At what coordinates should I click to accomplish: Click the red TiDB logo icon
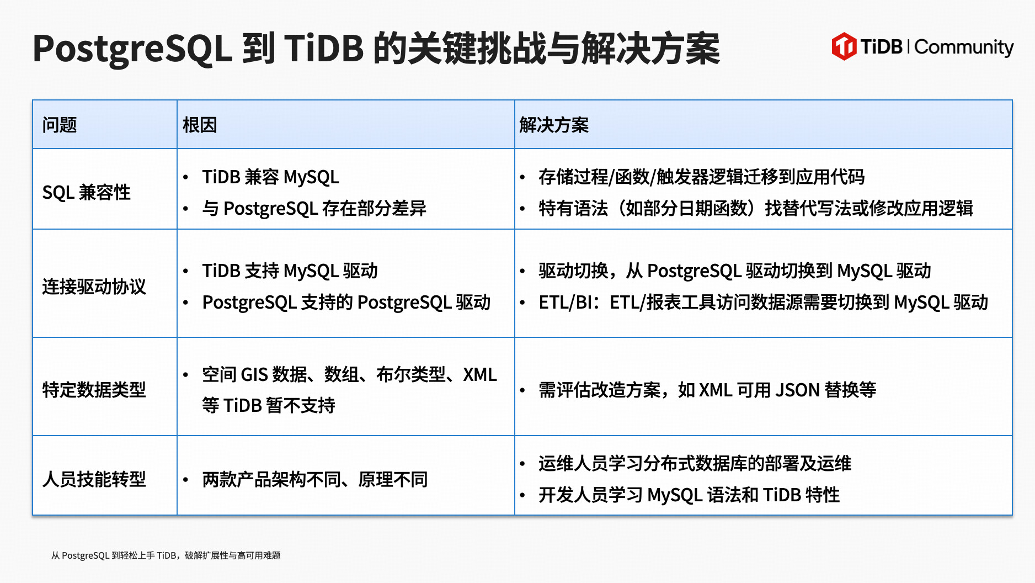tap(844, 46)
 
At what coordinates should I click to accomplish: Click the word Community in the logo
tap(964, 47)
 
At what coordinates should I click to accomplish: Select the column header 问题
tap(60, 125)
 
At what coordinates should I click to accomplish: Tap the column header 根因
tap(200, 125)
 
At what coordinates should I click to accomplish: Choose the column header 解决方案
tap(554, 125)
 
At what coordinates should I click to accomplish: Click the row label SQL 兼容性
tap(87, 192)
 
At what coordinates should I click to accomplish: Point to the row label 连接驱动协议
tap(94, 287)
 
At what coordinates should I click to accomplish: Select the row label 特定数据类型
tap(94, 390)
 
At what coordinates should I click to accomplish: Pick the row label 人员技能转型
tap(94, 479)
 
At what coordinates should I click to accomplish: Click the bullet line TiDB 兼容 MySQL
tap(270, 177)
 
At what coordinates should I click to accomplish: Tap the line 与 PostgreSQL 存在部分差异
tap(314, 208)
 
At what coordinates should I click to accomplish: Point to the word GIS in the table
tap(254, 374)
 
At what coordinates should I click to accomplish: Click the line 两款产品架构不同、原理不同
tap(315, 479)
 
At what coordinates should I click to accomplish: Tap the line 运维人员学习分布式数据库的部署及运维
tap(695, 463)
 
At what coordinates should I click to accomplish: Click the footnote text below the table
tap(166, 555)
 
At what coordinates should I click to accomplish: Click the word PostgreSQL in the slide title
tap(132, 49)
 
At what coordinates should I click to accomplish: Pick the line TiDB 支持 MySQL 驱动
tap(290, 271)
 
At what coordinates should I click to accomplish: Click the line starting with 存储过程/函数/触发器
tap(702, 177)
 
